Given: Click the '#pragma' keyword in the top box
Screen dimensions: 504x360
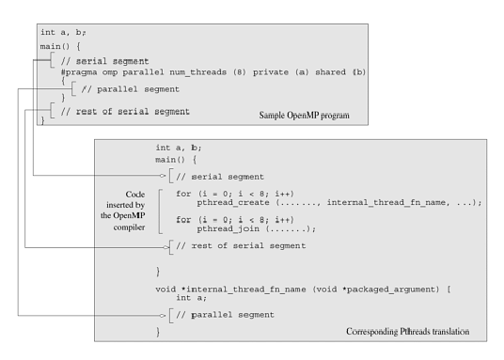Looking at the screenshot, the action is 80,71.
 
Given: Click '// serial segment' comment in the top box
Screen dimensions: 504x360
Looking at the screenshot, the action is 91,60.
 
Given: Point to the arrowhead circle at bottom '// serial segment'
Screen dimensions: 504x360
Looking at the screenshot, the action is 164,175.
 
